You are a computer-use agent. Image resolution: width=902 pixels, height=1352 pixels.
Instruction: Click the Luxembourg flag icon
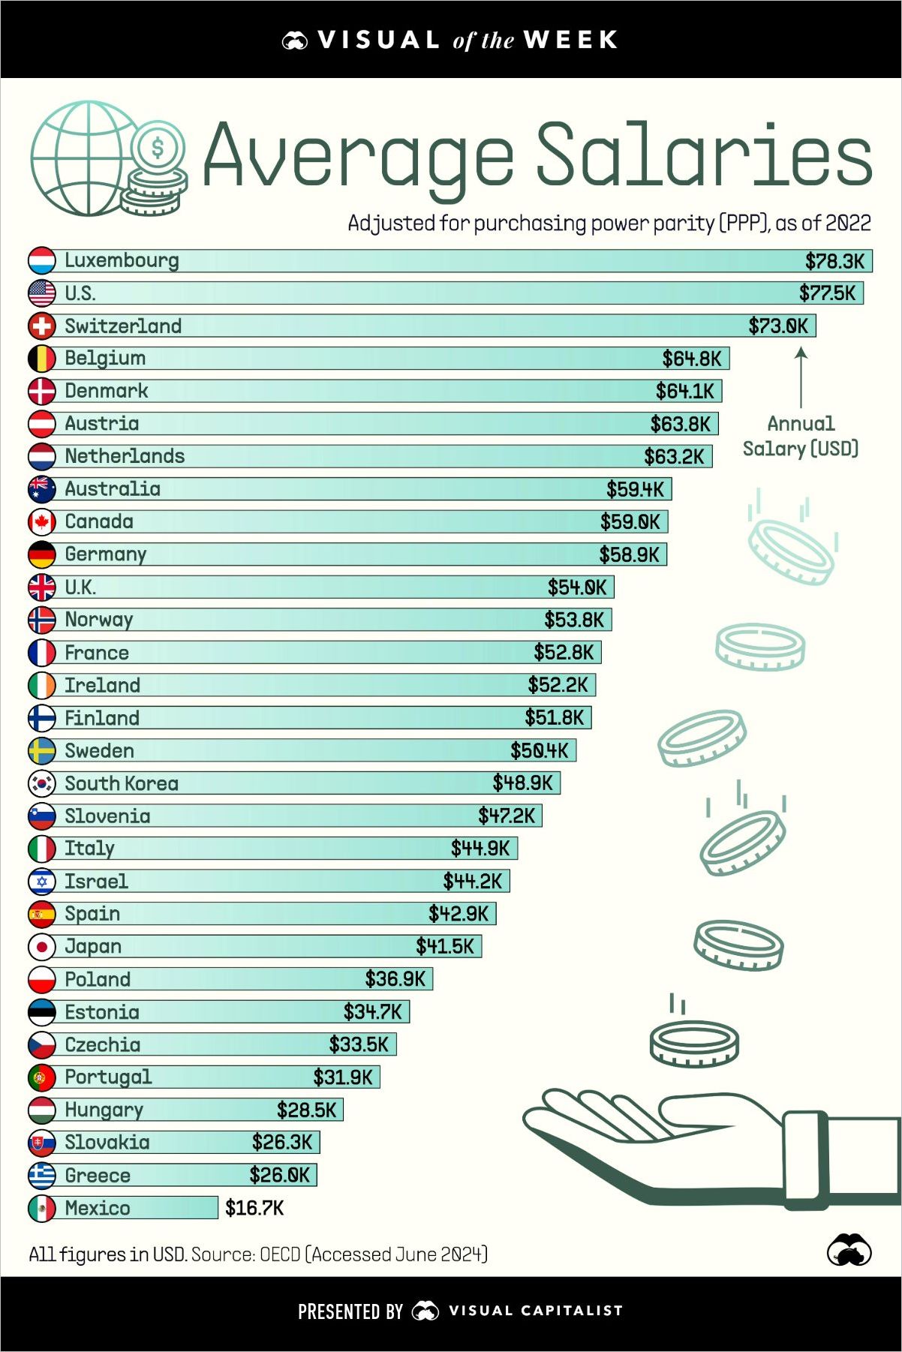tap(42, 260)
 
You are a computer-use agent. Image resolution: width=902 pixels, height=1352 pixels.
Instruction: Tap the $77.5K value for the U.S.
tap(827, 293)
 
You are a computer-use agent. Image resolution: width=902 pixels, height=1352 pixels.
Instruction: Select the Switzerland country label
tap(123, 326)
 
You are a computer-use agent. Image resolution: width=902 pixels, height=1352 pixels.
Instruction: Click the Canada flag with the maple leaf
tap(42, 521)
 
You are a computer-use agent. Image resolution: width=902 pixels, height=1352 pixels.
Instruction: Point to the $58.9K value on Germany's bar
tap(629, 554)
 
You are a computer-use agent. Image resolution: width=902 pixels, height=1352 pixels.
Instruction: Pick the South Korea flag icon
tap(42, 783)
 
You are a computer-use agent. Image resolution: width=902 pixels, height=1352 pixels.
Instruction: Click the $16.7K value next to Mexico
tap(254, 1208)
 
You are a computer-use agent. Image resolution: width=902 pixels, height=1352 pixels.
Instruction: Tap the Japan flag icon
tap(42, 947)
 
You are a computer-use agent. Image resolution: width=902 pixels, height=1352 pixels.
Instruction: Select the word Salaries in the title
tap(704, 156)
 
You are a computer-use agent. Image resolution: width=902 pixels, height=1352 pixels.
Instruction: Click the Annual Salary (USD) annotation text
tap(801, 436)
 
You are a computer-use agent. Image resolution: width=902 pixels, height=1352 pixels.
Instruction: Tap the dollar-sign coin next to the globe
tap(158, 148)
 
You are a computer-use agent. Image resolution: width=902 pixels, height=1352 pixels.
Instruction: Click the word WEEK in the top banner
tap(570, 40)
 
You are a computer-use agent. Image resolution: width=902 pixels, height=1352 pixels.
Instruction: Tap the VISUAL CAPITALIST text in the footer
tap(535, 1311)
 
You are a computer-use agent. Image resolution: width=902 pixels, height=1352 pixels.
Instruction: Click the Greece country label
tap(98, 1176)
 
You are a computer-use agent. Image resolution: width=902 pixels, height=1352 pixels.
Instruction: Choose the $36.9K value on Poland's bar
tap(395, 979)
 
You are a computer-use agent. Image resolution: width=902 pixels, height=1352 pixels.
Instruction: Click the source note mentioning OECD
tap(258, 1254)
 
